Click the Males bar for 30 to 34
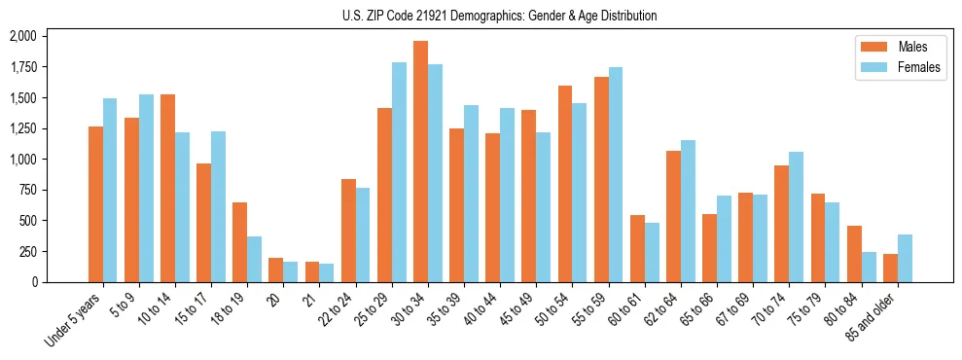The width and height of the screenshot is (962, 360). pyautogui.click(x=420, y=162)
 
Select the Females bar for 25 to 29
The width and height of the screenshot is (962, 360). pyautogui.click(x=399, y=172)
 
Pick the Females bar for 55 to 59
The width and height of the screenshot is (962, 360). pyautogui.click(x=616, y=174)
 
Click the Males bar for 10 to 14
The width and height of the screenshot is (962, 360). pyautogui.click(x=167, y=188)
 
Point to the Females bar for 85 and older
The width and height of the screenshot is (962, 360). pyautogui.click(x=905, y=258)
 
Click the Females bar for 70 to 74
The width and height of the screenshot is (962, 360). pyautogui.click(x=797, y=217)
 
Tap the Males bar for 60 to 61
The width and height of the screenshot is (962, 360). pyautogui.click(x=637, y=248)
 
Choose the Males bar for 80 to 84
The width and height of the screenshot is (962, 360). pyautogui.click(x=854, y=254)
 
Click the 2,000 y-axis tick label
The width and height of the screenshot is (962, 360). pyautogui.click(x=23, y=36)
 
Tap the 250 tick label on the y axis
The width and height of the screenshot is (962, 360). pyautogui.click(x=28, y=251)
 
